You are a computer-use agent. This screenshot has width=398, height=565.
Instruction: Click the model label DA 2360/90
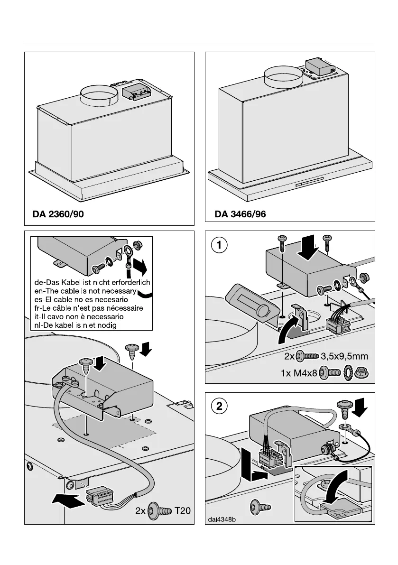(x=58, y=214)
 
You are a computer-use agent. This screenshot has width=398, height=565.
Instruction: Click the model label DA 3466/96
(x=241, y=214)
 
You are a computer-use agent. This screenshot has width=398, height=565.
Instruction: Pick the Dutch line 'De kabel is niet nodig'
(x=76, y=325)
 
